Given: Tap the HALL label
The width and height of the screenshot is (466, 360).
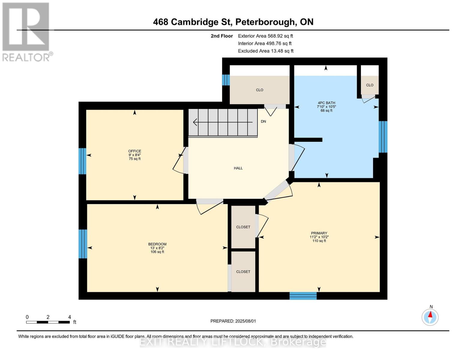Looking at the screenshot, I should pyautogui.click(x=238, y=168).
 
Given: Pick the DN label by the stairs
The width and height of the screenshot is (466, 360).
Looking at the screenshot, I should pyautogui.click(x=263, y=121).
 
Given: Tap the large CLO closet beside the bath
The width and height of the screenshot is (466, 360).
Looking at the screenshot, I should pyautogui.click(x=260, y=90).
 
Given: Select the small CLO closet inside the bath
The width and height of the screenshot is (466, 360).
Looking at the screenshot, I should pyautogui.click(x=370, y=85).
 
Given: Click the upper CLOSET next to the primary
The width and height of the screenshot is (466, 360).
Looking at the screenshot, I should pyautogui.click(x=243, y=227).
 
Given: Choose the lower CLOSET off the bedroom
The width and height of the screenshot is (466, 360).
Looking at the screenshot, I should pyautogui.click(x=243, y=272).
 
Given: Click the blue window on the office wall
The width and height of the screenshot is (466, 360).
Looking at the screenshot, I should pyautogui.click(x=82, y=161).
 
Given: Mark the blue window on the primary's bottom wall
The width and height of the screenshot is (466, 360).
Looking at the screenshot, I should pyautogui.click(x=303, y=296).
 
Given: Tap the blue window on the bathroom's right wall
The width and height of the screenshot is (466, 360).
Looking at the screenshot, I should pyautogui.click(x=383, y=137).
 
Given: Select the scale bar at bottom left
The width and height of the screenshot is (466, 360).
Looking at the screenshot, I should pyautogui.click(x=48, y=322).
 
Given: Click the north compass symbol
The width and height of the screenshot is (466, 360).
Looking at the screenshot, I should pyautogui.click(x=430, y=317).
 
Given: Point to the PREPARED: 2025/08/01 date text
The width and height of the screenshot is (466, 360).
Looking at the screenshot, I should pyautogui.click(x=233, y=321).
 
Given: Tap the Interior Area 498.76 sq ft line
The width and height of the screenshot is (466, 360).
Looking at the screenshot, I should pyautogui.click(x=265, y=43).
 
